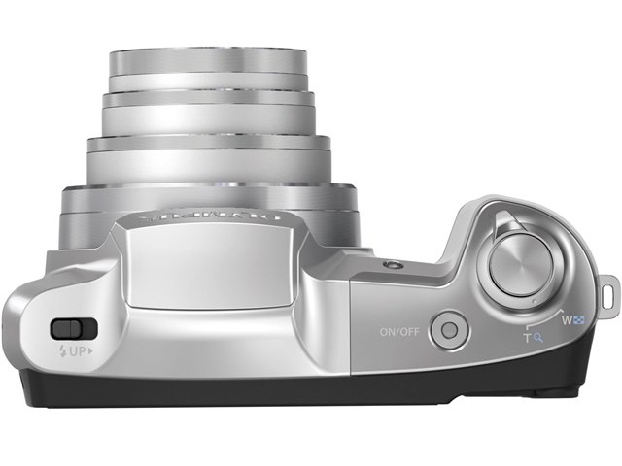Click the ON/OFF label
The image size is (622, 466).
[x=399, y=331]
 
